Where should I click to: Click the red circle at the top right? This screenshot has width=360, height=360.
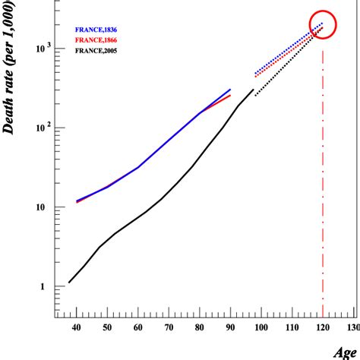pyautogui.click(x=322, y=25)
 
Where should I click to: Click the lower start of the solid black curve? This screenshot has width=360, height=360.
pyautogui.click(x=70, y=283)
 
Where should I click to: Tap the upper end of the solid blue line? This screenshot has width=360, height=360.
pyautogui.click(x=230, y=90)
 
